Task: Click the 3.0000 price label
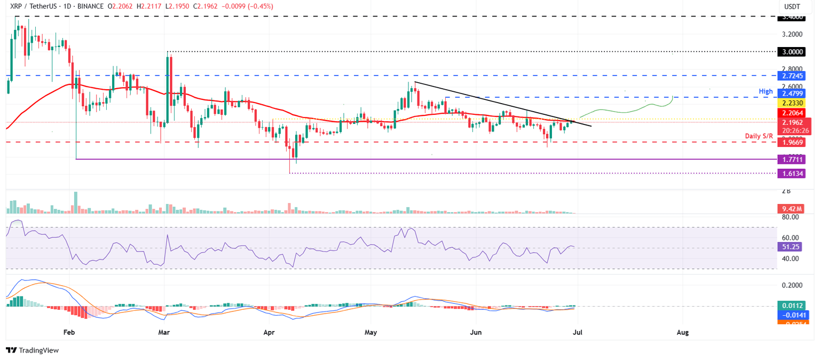pos(791,52)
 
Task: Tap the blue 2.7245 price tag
pos(791,76)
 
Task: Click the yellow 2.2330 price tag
pos(791,103)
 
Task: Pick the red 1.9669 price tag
pos(791,143)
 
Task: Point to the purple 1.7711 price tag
pos(791,159)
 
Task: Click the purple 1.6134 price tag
pos(791,173)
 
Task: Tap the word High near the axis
pos(766,92)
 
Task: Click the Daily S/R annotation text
pos(759,137)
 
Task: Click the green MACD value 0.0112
pos(791,306)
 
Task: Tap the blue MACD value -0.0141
pos(791,315)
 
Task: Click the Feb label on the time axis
pos(69,332)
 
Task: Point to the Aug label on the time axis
pos(683,332)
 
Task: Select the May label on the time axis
pos(370,332)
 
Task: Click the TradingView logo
pos(32,350)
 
